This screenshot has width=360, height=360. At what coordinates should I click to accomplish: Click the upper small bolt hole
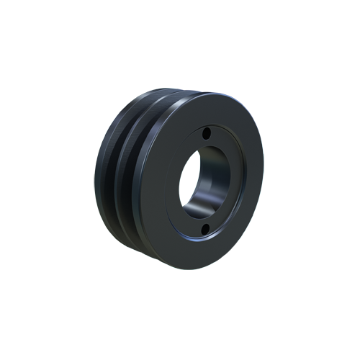point(207,135)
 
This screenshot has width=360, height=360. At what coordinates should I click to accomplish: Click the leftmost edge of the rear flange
point(95,173)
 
